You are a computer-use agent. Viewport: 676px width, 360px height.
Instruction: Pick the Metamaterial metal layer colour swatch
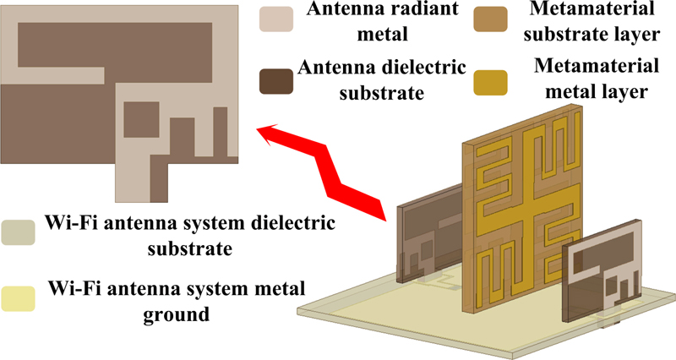[x=490, y=82]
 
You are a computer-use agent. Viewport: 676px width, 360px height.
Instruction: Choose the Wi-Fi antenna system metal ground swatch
[x=19, y=300]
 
